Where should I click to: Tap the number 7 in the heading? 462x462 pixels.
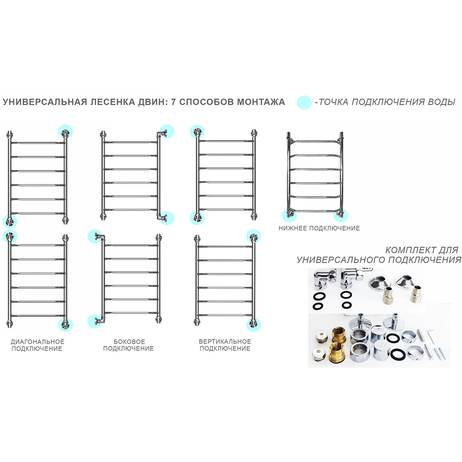click(x=174, y=102)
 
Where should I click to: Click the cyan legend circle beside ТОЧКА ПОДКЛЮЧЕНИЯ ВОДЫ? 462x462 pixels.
click(x=304, y=103)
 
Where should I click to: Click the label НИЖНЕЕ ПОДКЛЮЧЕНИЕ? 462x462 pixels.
click(x=319, y=228)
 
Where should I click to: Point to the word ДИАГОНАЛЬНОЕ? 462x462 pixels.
click(x=37, y=341)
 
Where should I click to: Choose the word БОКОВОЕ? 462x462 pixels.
click(x=129, y=341)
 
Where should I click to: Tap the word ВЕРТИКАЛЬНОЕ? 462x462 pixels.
click(x=225, y=341)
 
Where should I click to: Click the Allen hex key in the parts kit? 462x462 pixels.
click(x=431, y=336)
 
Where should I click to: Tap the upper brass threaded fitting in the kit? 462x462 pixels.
click(x=339, y=334)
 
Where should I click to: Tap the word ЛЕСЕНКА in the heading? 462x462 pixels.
click(x=109, y=102)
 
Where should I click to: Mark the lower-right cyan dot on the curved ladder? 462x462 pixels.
click(x=340, y=215)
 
